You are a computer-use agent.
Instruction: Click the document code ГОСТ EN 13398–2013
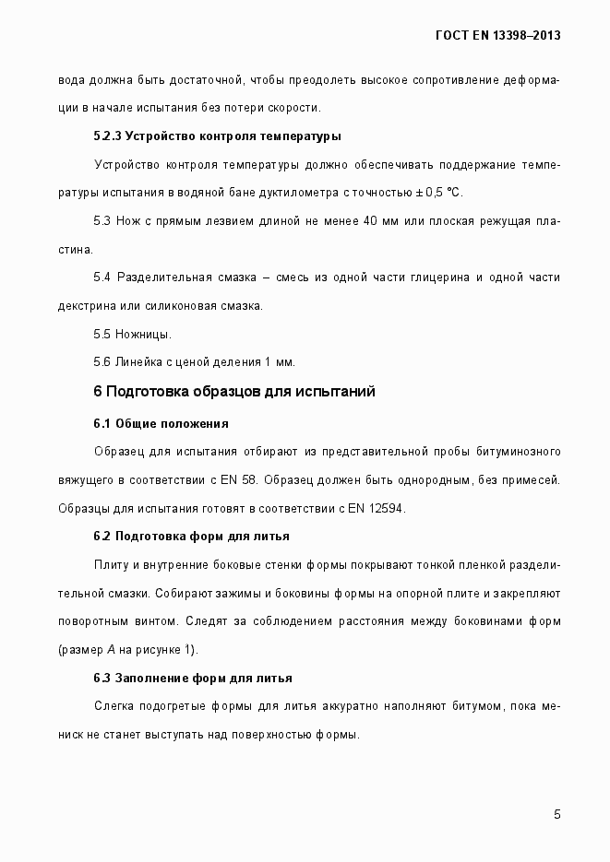point(497,36)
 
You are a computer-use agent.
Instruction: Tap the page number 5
point(557,813)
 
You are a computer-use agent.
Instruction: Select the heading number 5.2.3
point(107,136)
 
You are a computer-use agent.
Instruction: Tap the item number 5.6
point(102,361)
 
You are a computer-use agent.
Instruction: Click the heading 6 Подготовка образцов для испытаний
point(233,391)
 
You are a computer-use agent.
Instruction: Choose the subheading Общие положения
point(172,423)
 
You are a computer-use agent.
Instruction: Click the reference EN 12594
point(377,509)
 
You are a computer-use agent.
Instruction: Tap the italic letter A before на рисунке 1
point(111,650)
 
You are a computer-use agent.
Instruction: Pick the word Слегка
point(114,706)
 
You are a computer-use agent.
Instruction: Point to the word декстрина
point(86,305)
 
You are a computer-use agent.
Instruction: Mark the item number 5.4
point(102,277)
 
